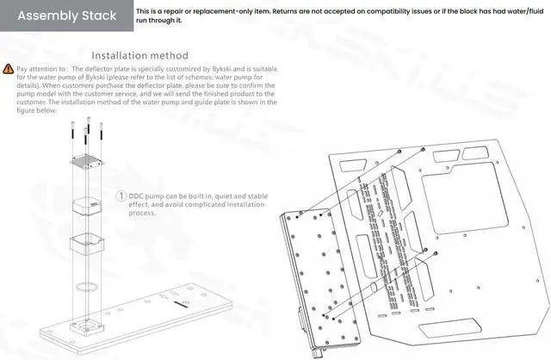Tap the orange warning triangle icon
[x=9, y=67]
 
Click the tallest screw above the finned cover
[x=88, y=133]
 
